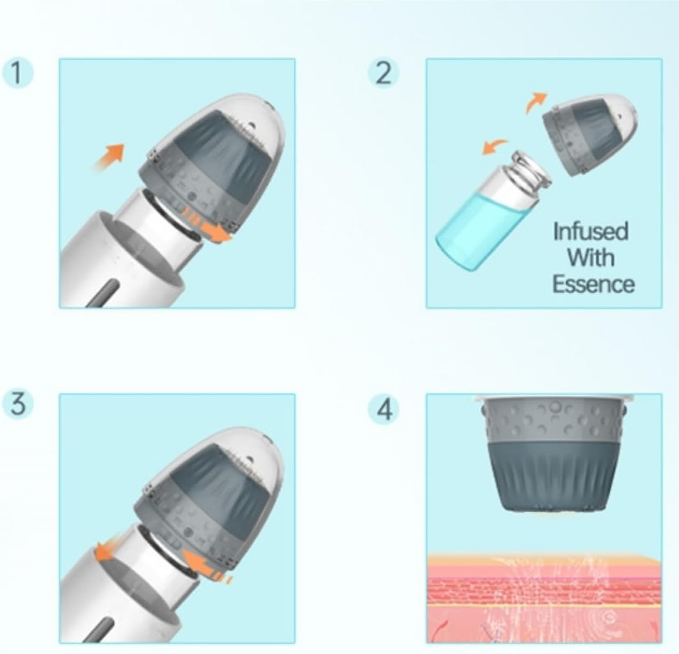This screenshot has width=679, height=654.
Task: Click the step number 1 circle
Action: (18, 74)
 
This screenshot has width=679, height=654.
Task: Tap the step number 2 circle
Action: (384, 74)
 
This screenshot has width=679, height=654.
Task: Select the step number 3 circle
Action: (18, 404)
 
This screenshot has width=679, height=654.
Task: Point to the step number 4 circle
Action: (384, 410)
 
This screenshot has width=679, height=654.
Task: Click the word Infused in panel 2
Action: (591, 231)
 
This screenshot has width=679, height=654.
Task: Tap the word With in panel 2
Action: (591, 258)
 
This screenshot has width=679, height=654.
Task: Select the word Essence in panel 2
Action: (594, 284)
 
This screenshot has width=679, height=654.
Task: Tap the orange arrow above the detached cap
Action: (536, 102)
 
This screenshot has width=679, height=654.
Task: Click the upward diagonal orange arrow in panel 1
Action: (109, 156)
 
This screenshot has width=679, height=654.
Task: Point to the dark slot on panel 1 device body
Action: (104, 294)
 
